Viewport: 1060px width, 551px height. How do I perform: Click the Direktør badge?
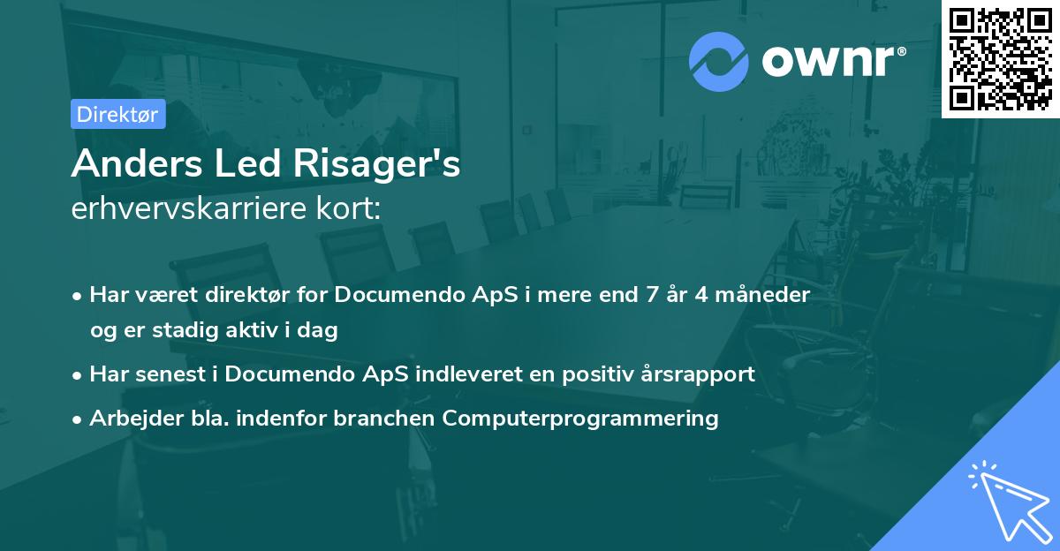(117, 114)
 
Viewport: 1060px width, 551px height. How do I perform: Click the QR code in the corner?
(1000, 58)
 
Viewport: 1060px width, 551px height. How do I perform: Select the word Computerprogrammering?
(580, 418)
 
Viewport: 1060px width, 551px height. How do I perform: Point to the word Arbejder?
(129, 418)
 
